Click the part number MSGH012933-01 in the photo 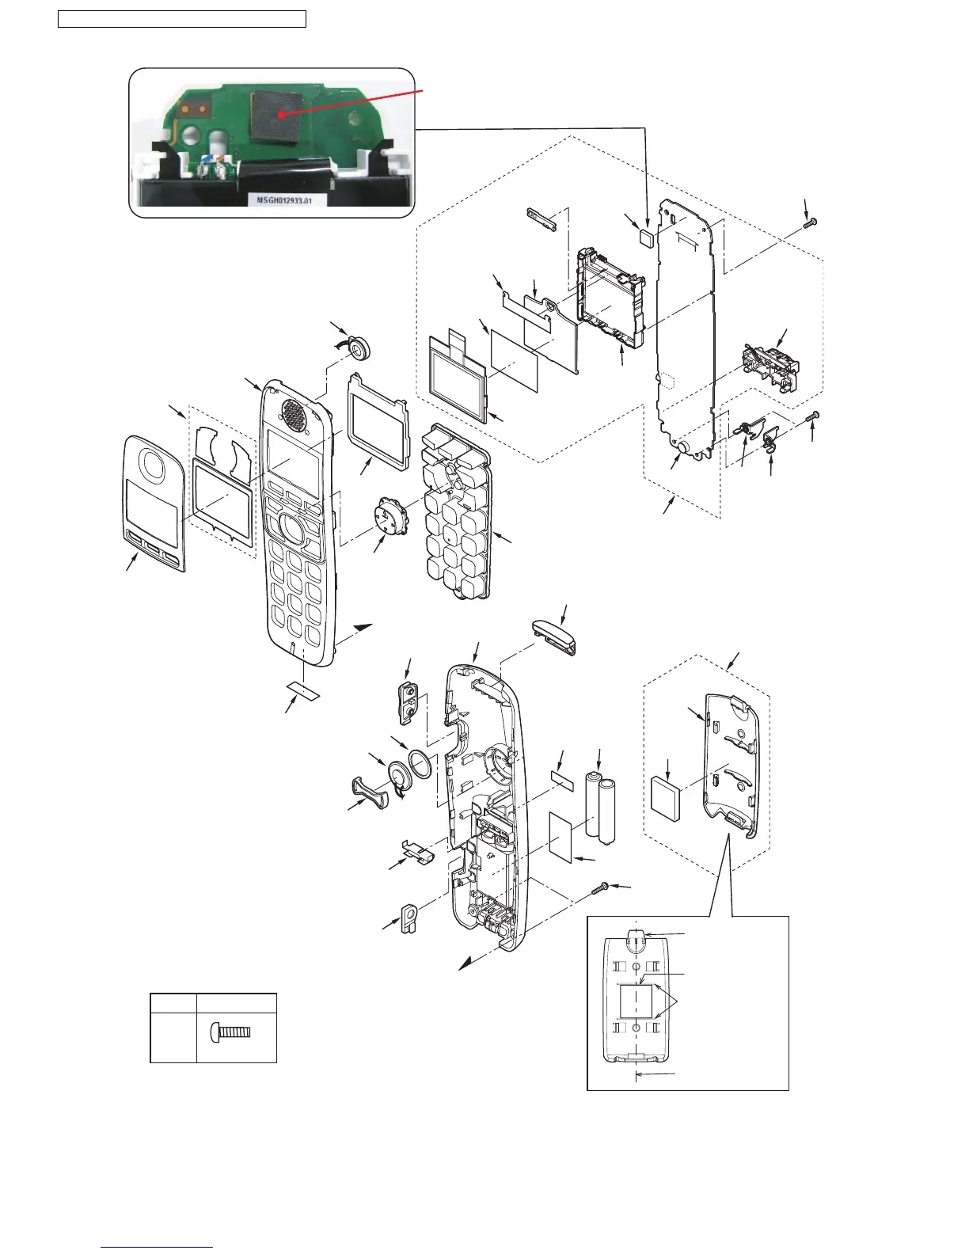tap(280, 201)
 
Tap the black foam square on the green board tap(281, 116)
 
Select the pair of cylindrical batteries tap(600, 807)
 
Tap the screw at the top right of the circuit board tap(807, 225)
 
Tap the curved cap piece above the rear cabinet tap(553, 636)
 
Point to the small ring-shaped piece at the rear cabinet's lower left tap(409, 918)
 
